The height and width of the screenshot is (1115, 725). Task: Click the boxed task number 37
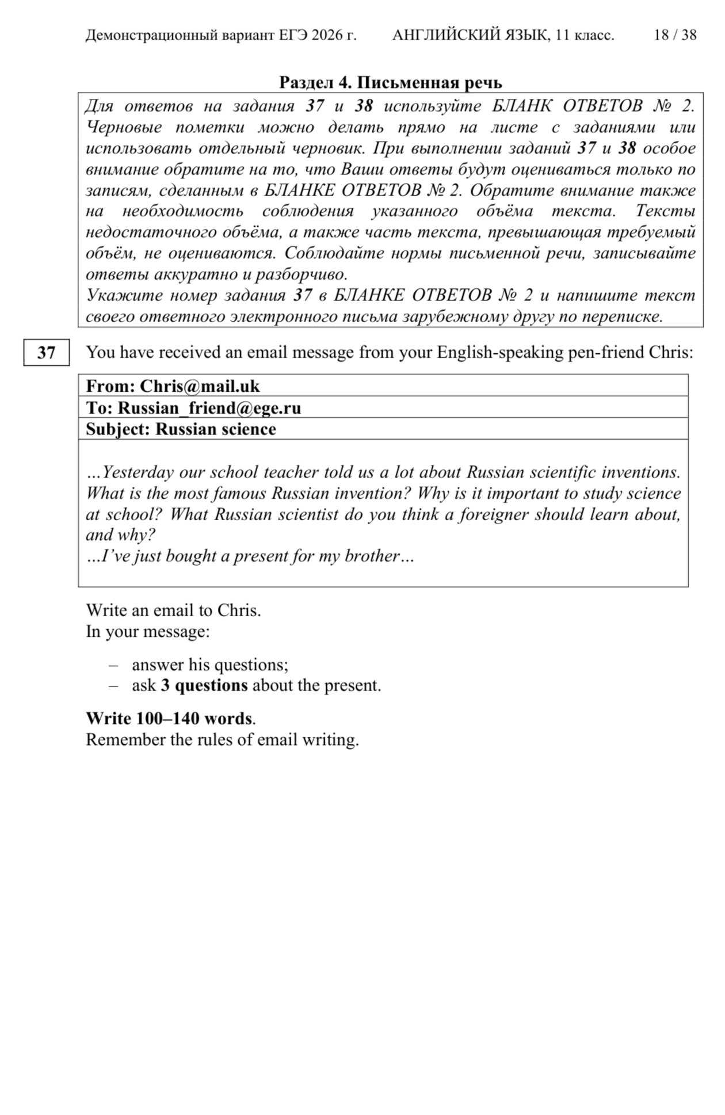pyautogui.click(x=46, y=353)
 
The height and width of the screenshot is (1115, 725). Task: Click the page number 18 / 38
pyautogui.click(x=675, y=35)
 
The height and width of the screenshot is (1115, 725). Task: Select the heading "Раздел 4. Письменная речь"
pyautogui.click(x=391, y=82)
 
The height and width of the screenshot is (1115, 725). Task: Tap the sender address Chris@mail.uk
pyautogui.click(x=200, y=385)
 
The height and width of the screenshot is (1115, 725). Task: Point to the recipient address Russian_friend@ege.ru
pyautogui.click(x=209, y=407)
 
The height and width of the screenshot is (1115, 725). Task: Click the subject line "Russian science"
pyautogui.click(x=216, y=429)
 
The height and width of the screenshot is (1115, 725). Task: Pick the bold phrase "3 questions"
pyautogui.click(x=204, y=685)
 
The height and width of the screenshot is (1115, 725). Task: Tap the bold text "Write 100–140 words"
pyautogui.click(x=169, y=718)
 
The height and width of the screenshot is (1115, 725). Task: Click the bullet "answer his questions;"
pyautogui.click(x=210, y=665)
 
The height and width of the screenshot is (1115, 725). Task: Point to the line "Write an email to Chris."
pyautogui.click(x=173, y=610)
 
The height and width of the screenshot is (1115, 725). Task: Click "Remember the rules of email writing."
pyautogui.click(x=222, y=739)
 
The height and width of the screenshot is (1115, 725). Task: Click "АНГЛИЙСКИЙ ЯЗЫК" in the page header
pyautogui.click(x=470, y=35)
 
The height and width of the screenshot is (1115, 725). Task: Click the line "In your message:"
pyautogui.click(x=148, y=631)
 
